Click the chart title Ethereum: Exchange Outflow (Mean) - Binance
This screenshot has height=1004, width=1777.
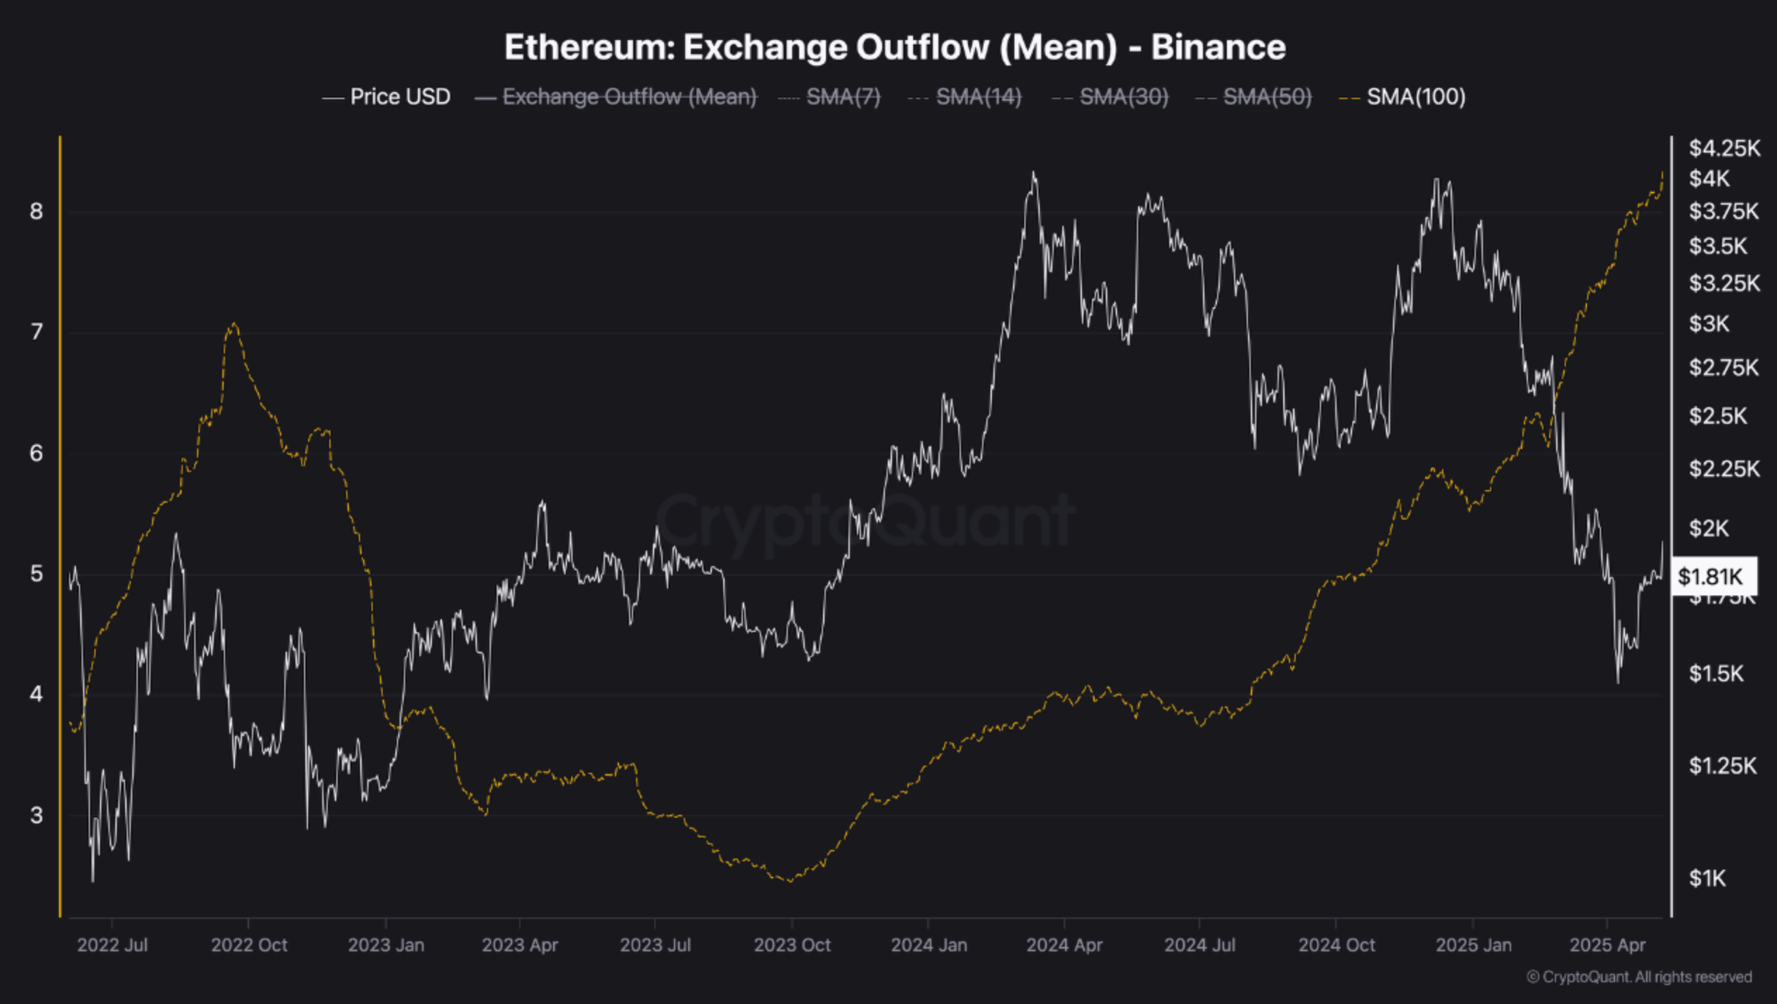coord(895,48)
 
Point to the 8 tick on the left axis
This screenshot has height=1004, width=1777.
coord(37,211)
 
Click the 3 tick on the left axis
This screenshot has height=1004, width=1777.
coord(37,816)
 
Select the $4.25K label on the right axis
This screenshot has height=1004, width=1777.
coord(1724,148)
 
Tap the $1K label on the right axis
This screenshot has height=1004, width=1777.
coord(1707,878)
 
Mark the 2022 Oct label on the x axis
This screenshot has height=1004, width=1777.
coord(249,945)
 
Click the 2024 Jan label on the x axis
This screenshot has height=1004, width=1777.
coord(929,945)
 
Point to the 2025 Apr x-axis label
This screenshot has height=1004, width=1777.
coord(1607,945)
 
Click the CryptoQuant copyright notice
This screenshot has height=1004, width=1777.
coord(1639,977)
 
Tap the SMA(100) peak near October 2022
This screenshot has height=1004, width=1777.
coord(234,324)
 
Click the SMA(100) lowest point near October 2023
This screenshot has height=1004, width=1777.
coord(790,880)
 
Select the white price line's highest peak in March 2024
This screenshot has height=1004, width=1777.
coord(1033,173)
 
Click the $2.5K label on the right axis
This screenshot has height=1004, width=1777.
coord(1718,416)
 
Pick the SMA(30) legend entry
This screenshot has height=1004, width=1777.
coord(1123,97)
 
